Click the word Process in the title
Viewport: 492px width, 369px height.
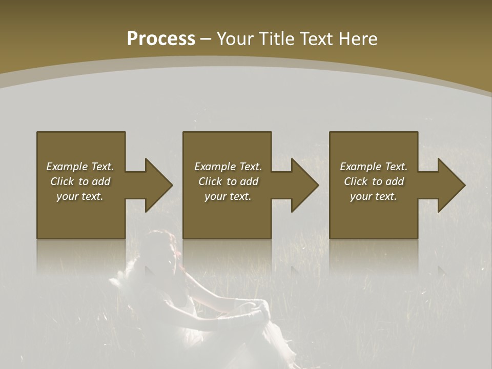click(x=161, y=39)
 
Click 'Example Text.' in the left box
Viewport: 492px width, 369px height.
click(x=80, y=167)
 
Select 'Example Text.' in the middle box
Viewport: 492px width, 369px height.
click(x=228, y=167)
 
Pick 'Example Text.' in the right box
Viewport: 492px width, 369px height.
click(x=374, y=167)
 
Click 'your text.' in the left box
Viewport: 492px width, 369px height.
click(x=80, y=196)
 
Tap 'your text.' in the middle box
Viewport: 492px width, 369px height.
click(x=228, y=196)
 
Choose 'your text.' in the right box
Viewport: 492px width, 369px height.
click(x=374, y=196)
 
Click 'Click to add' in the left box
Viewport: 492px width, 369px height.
click(x=80, y=181)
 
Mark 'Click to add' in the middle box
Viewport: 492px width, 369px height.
click(x=228, y=181)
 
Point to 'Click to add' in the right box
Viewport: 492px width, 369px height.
click(x=374, y=181)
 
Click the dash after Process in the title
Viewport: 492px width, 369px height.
click(x=206, y=39)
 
